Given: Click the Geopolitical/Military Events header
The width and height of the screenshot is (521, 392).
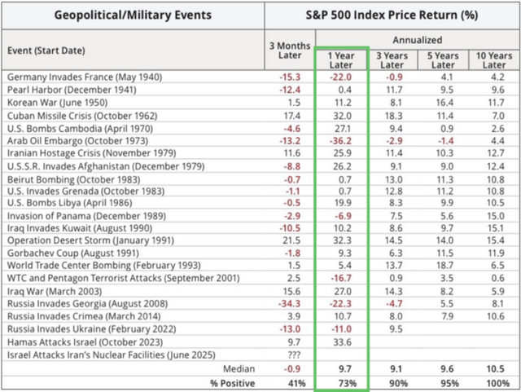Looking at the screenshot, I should pos(134,15).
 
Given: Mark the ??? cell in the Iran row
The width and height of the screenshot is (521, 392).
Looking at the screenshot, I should pos(290,355).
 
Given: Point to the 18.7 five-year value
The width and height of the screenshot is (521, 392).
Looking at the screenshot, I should pos(443,266).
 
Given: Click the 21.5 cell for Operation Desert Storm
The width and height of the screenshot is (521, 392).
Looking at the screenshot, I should pos(290,241).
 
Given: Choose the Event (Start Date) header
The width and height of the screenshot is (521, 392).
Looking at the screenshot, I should pos(46,51).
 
